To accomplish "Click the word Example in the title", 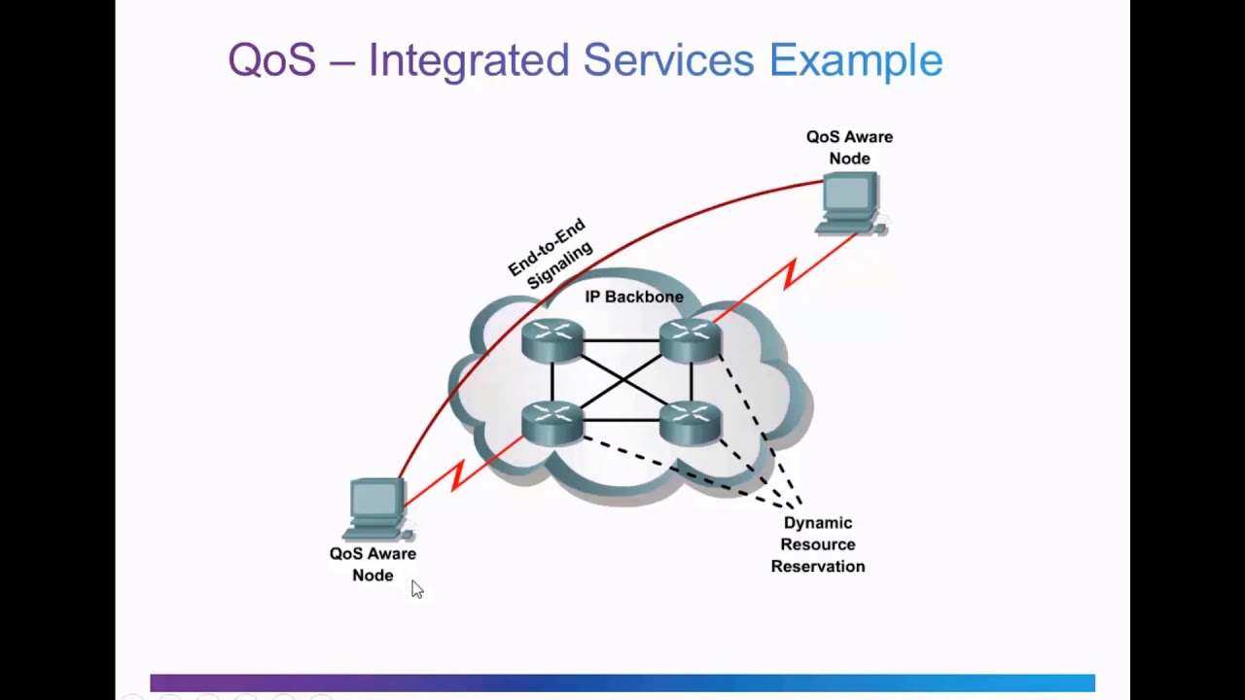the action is click(856, 60).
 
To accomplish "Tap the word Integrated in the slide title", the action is click(469, 60).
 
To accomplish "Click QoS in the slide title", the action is click(272, 59).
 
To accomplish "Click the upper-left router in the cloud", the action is click(553, 340).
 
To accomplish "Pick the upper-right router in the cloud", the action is click(691, 340).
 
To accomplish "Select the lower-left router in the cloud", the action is click(553, 423).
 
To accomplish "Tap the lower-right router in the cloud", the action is click(691, 423).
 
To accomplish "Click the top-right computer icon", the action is click(850, 204).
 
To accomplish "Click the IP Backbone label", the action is click(634, 297).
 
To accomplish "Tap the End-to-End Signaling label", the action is click(551, 254).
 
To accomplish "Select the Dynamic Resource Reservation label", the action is click(818, 544).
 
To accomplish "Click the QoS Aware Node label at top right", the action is click(849, 148).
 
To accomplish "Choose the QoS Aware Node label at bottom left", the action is click(373, 565).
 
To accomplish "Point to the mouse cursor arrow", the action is click(417, 589).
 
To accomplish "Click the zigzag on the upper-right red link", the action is click(791, 274).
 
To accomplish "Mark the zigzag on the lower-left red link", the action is click(457, 475).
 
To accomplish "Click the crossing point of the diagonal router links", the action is click(622, 382).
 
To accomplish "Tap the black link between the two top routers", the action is click(622, 340).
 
